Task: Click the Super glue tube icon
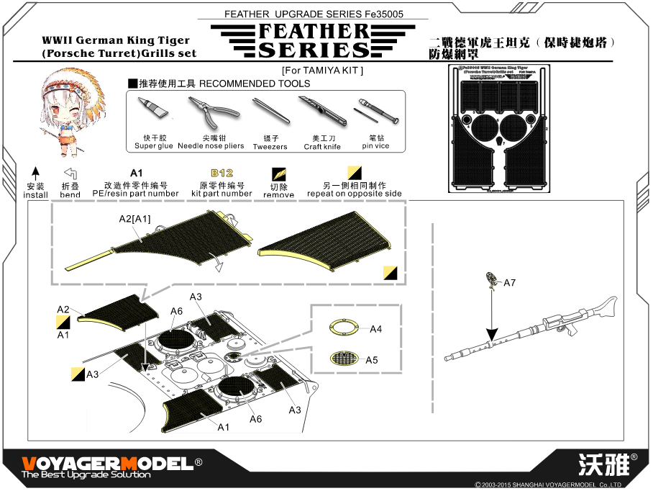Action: (152, 109)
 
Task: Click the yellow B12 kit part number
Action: (222, 174)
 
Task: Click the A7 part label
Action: (509, 283)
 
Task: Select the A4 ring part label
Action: (375, 329)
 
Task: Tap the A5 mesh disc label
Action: (371, 360)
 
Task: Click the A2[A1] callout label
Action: (134, 219)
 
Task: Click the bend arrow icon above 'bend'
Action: (70, 174)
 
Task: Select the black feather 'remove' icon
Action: (278, 174)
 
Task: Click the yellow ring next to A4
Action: (346, 328)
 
